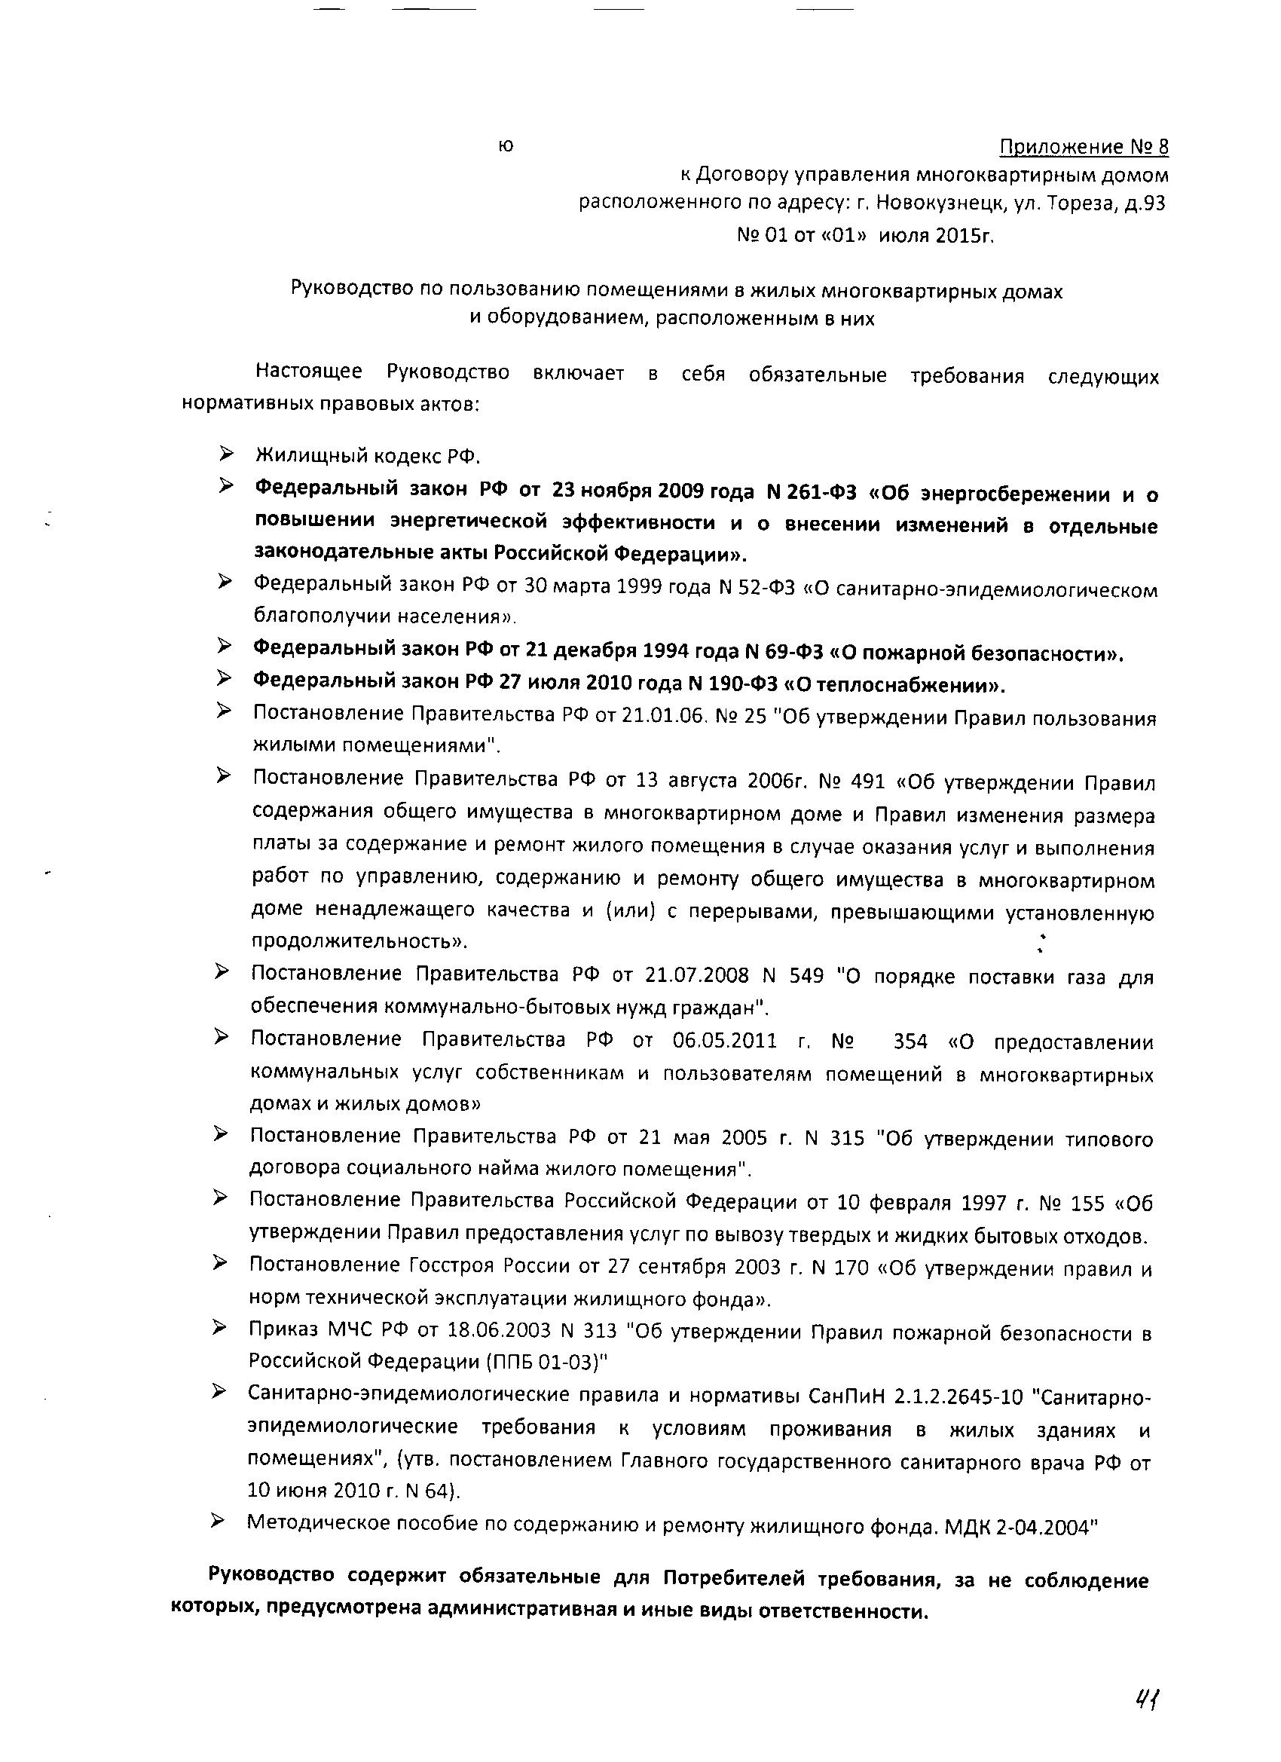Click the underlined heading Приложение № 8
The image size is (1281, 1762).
click(1084, 147)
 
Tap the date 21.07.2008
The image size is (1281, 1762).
click(697, 975)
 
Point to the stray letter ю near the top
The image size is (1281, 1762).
click(506, 145)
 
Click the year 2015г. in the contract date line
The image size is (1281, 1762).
click(965, 234)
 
